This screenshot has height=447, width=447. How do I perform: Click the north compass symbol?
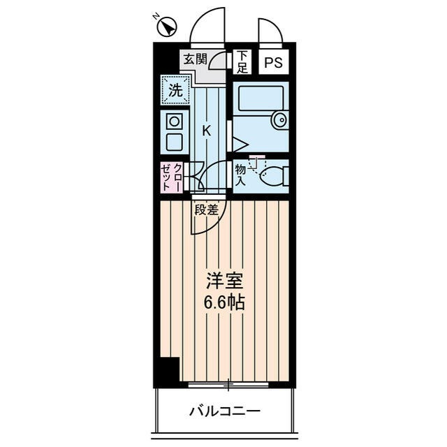click(167, 27)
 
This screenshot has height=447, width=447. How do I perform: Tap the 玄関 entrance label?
click(196, 60)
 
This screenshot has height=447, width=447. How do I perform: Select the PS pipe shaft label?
click(274, 62)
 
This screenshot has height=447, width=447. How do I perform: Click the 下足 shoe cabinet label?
click(242, 62)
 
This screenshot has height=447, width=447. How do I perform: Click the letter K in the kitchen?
click(207, 130)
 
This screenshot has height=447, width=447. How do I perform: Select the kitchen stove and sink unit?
click(174, 132)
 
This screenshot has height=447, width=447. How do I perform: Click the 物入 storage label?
click(240, 175)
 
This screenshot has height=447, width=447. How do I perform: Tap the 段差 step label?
click(207, 209)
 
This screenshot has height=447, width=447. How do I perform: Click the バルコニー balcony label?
click(225, 411)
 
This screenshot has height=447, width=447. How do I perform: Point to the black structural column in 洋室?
click(168, 369)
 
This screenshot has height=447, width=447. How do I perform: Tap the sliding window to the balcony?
click(228, 384)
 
